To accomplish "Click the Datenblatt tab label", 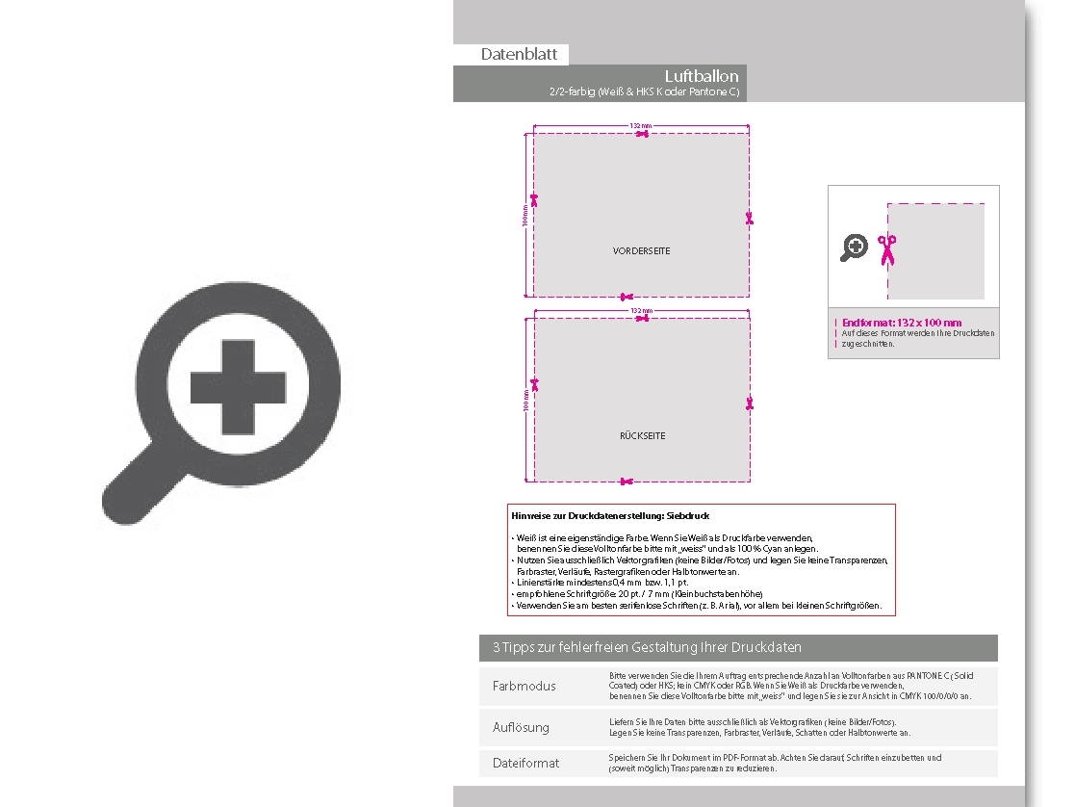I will (x=519, y=55).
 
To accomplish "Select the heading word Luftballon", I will (x=702, y=76).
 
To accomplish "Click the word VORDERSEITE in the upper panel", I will (x=642, y=251).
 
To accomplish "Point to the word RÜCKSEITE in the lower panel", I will (x=642, y=436).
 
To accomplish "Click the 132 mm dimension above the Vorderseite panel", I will (x=641, y=126).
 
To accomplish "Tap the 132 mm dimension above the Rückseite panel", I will (x=641, y=311).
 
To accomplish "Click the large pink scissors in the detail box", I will (x=886, y=249).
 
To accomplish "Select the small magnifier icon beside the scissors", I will (x=854, y=247).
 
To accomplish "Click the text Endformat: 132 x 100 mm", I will (x=902, y=323).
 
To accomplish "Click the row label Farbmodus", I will (x=525, y=687).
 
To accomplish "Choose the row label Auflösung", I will (x=521, y=727).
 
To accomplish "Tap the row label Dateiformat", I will (x=525, y=763).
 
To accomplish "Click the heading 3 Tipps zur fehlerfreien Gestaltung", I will (x=647, y=647).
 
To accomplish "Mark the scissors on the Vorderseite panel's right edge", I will (x=749, y=219).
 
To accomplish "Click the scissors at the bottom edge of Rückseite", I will (x=627, y=481).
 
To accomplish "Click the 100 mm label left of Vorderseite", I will (x=525, y=216).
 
